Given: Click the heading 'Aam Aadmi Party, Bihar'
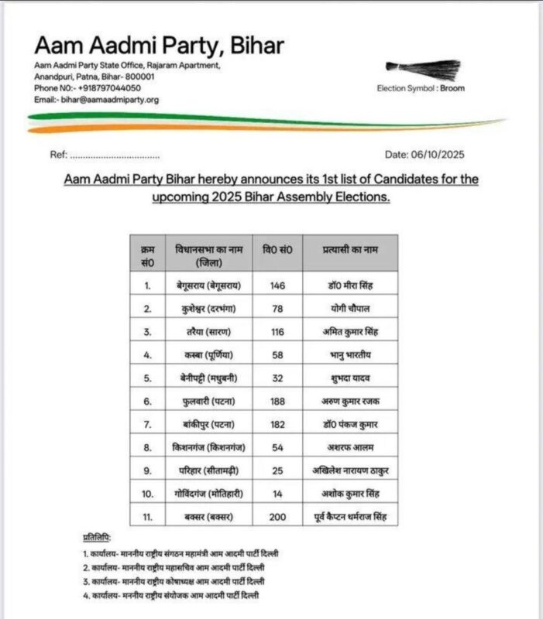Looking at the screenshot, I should click(x=159, y=46).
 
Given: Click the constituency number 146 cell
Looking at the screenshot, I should click(x=277, y=286).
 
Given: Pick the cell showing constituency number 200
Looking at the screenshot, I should click(x=277, y=516).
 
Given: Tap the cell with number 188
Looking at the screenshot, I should click(x=277, y=401).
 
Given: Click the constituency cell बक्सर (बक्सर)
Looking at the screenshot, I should click(x=209, y=516).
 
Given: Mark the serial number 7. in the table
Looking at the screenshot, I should click(x=147, y=424).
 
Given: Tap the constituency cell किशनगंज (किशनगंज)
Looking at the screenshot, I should click(x=209, y=447).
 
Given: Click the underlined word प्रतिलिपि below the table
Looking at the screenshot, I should click(x=97, y=537).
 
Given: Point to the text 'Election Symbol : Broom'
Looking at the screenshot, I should click(x=421, y=88).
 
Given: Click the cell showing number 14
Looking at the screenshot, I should click(x=277, y=493).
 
